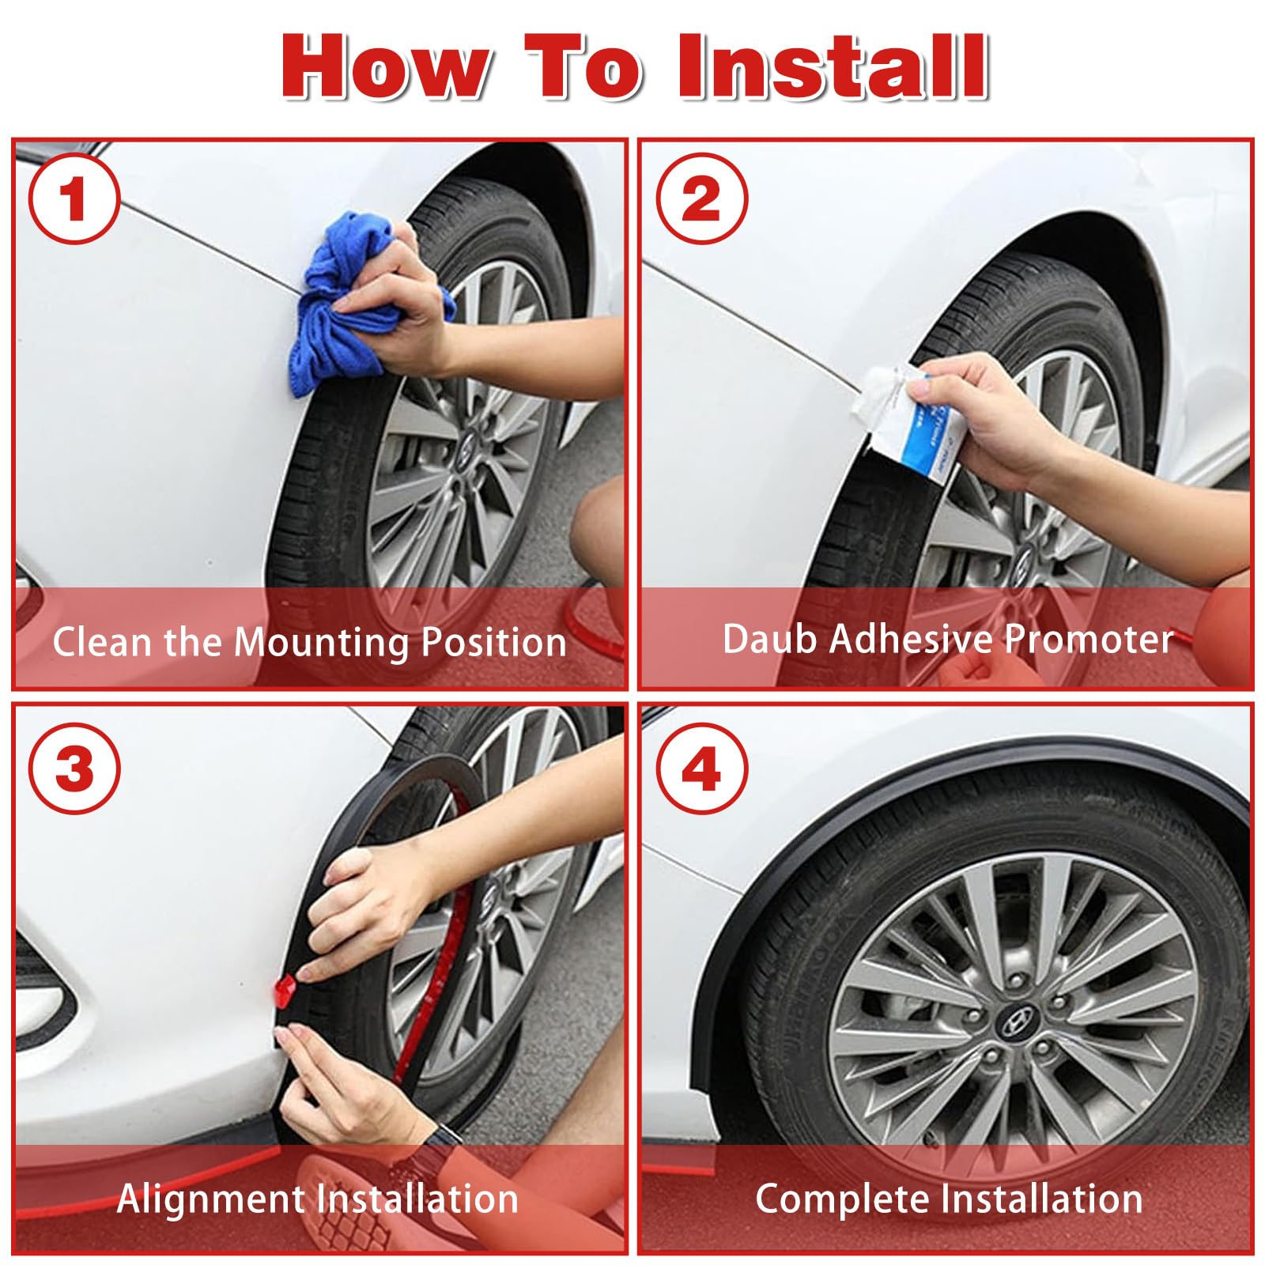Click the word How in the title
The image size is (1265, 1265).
(383, 68)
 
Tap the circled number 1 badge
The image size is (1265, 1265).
(74, 199)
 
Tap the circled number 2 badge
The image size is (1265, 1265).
(701, 199)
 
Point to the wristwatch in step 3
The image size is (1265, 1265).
(426, 1147)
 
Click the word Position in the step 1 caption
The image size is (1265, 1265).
(494, 641)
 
